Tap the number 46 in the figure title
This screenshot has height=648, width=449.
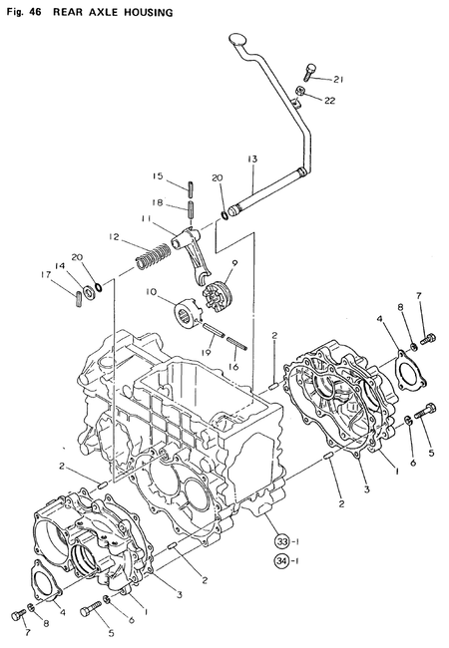point(35,12)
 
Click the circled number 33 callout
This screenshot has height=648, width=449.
point(281,541)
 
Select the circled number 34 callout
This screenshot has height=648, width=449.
point(281,561)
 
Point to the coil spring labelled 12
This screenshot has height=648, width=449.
point(153,257)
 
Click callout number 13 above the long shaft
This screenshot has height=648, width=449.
point(252,159)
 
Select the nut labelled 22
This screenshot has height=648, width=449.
point(299,91)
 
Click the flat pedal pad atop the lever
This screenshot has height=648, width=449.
point(237,39)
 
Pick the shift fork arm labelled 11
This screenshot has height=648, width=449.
point(194,252)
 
